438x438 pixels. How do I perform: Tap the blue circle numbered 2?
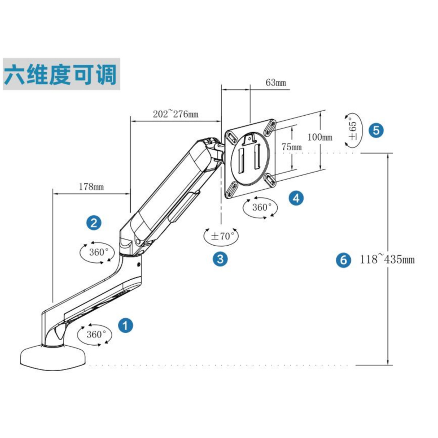click(x=94, y=223)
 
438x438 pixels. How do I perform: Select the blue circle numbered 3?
click(x=220, y=259)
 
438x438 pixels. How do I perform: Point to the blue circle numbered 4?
click(x=296, y=198)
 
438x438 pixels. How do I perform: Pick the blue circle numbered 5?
click(x=376, y=130)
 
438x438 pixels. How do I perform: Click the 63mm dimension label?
click(x=276, y=82)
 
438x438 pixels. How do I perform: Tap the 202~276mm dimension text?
click(x=176, y=114)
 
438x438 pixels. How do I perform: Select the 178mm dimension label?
click(x=91, y=187)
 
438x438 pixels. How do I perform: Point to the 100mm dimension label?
click(x=320, y=137)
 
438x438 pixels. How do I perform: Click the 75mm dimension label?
click(x=292, y=147)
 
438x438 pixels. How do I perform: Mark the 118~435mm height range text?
click(x=387, y=260)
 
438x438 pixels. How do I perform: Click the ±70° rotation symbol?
click(x=221, y=236)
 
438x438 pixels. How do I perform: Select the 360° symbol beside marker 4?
click(x=260, y=208)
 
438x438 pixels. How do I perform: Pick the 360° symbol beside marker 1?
click(x=96, y=334)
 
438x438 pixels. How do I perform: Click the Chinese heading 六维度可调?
click(x=61, y=74)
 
